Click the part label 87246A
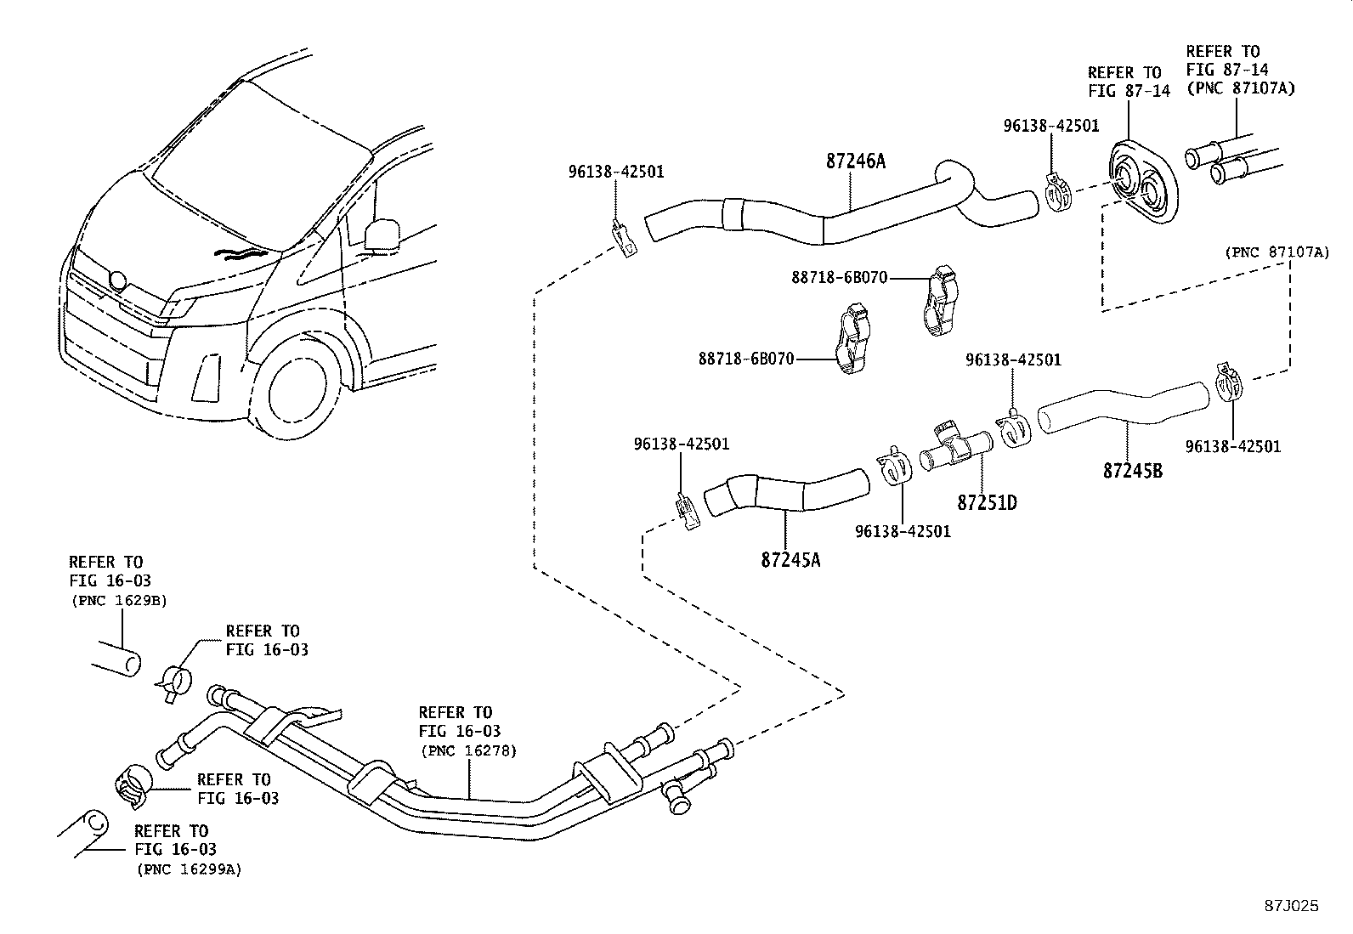[855, 161]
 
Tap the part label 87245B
[1132, 470]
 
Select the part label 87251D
[987, 502]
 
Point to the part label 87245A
[790, 559]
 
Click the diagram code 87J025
[1291, 906]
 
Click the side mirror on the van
[381, 234]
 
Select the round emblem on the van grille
[117, 281]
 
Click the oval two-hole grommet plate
[1141, 183]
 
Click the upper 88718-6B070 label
[840, 277]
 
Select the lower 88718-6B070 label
[746, 359]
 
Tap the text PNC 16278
[468, 751]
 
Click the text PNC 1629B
[118, 600]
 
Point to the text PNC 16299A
[189, 869]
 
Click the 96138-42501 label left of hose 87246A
[616, 172]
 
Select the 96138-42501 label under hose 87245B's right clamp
[1232, 446]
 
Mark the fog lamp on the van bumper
[205, 376]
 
